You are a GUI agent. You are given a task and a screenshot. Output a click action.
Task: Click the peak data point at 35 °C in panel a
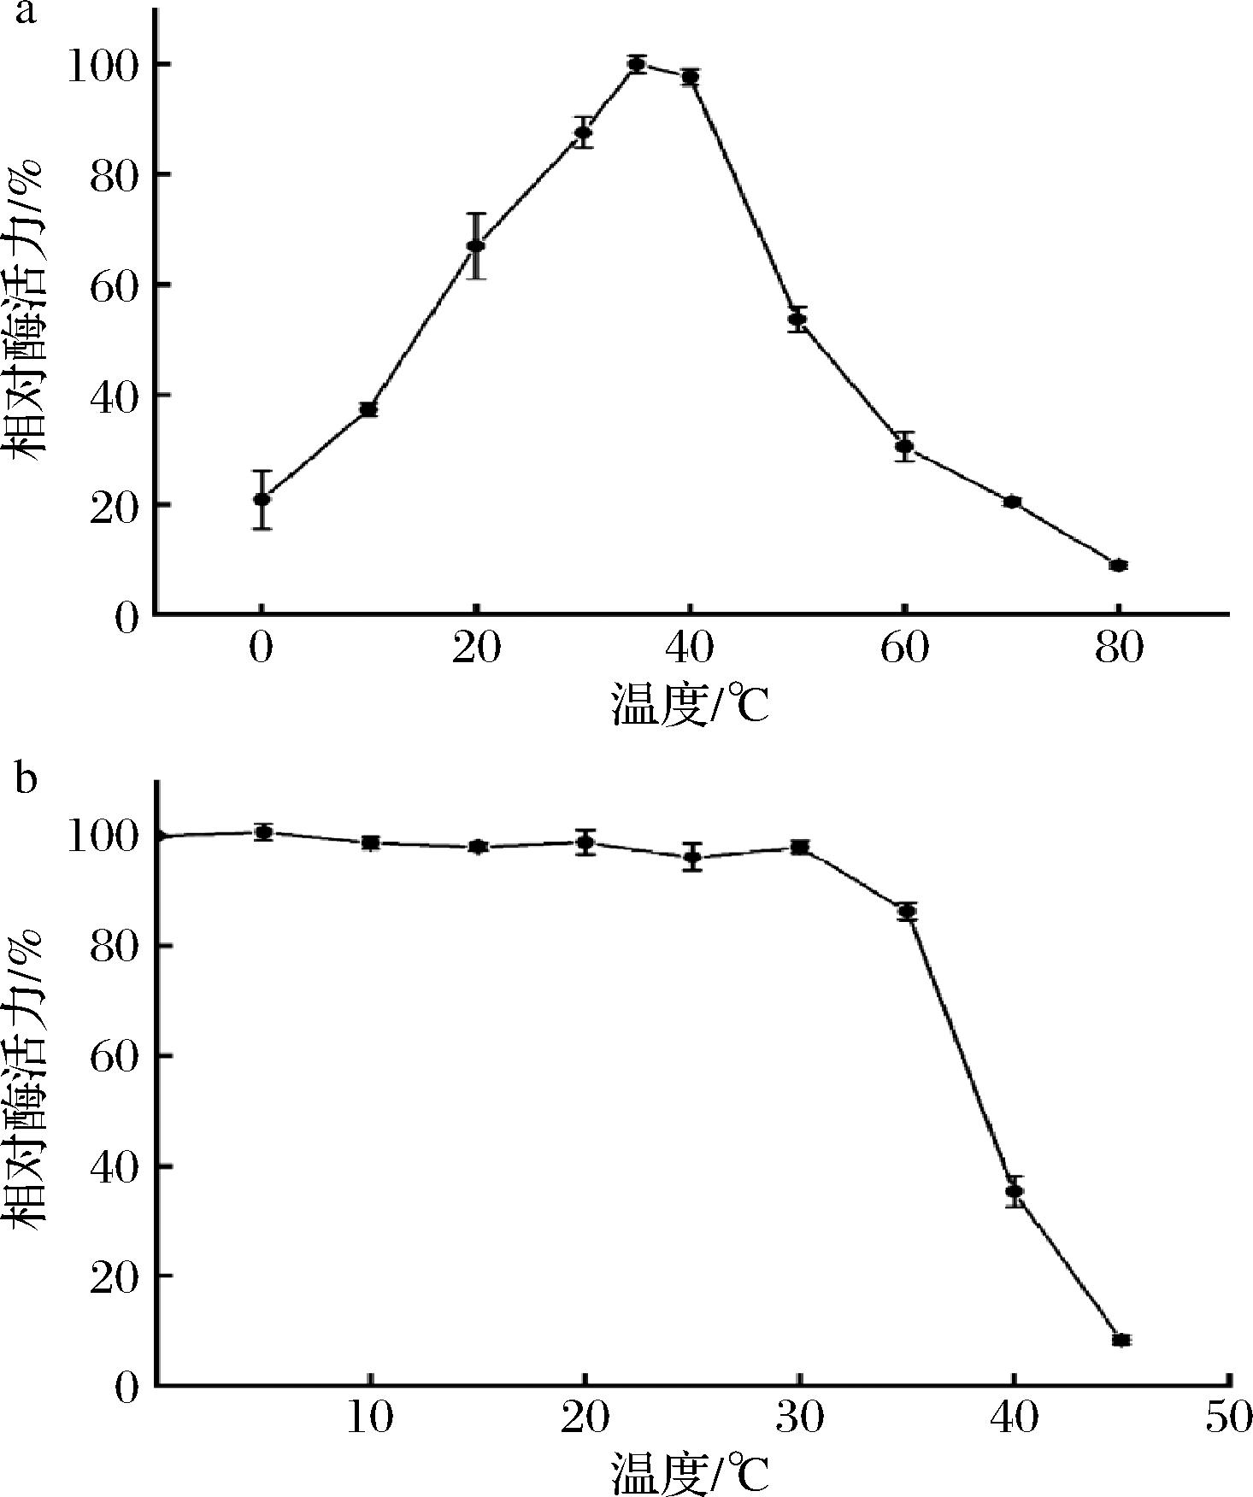(636, 64)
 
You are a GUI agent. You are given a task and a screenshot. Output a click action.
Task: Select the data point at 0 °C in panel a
(262, 499)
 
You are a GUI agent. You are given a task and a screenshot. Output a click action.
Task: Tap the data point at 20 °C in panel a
(476, 246)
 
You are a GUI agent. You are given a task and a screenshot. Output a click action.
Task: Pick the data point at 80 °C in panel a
(1118, 565)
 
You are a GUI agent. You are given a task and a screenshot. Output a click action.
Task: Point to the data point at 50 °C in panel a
(797, 320)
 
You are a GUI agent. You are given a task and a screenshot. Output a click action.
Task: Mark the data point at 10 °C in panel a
(369, 409)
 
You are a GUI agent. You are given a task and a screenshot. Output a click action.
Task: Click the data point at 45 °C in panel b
(1121, 1340)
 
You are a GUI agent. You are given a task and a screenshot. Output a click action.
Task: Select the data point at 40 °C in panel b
(1015, 1191)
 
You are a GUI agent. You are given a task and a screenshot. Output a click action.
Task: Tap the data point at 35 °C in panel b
(907, 912)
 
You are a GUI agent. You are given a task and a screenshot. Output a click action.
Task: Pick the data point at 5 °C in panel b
(264, 832)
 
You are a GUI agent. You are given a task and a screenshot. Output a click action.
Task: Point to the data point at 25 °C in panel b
(692, 857)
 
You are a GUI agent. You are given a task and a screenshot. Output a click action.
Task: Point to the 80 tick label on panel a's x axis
(1118, 649)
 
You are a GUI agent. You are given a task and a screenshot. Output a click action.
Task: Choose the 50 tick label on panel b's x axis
(1228, 1418)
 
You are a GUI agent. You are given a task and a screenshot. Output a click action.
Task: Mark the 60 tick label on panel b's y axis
(114, 1057)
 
